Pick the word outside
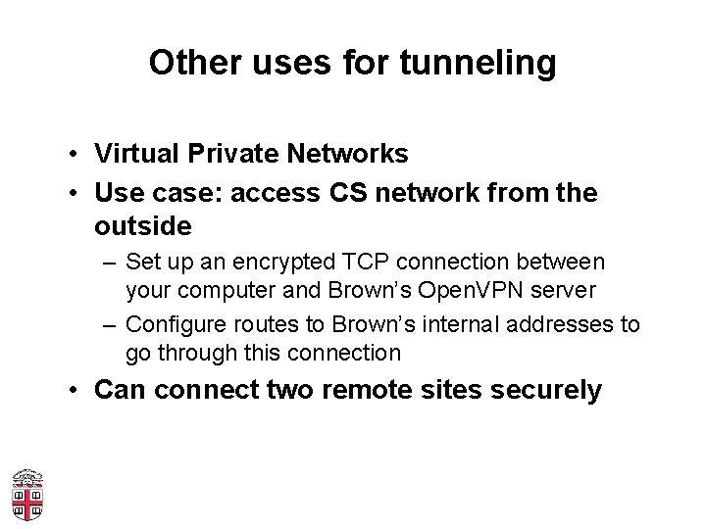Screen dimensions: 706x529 coord(142,226)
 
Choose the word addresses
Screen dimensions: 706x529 coord(563,324)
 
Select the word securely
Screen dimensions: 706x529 coord(545,391)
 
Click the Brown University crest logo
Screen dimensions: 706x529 coord(27,495)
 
